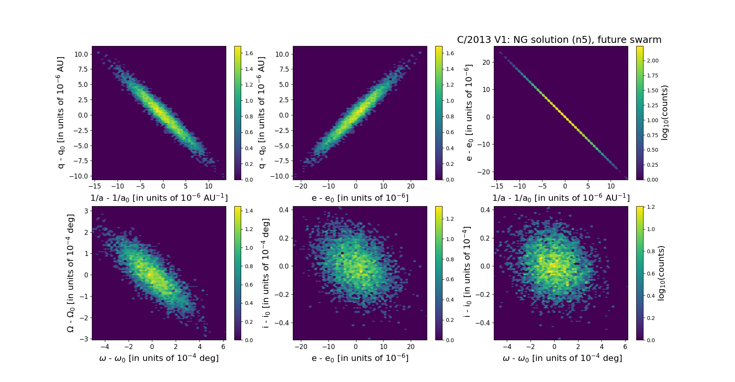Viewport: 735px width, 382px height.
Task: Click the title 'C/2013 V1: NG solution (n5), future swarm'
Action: [559, 40]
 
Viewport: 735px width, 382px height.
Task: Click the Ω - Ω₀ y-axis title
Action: [70, 273]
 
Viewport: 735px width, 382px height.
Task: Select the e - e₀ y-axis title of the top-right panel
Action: [468, 113]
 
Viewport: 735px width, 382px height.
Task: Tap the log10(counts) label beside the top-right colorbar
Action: [665, 113]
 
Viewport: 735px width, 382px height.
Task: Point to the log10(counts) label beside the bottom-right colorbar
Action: [661, 273]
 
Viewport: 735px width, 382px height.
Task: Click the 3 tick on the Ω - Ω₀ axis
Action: [87, 211]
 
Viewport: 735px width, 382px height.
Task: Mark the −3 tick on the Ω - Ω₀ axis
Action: [84, 339]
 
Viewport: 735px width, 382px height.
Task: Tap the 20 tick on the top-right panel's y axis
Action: [486, 62]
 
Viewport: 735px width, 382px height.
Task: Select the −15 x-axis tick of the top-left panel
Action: [95, 186]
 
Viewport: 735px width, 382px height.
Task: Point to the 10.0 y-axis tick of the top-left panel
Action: [81, 54]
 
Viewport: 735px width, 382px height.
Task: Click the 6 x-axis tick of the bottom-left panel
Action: [224, 346]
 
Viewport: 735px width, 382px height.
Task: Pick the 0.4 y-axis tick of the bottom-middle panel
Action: [284, 210]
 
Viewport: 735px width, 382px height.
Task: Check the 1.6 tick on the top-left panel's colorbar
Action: [249, 53]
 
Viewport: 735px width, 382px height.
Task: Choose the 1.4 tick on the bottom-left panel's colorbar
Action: [249, 211]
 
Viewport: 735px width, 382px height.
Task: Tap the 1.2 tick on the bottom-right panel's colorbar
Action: [651, 207]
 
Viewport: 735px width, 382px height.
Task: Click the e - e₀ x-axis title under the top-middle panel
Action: [360, 198]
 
